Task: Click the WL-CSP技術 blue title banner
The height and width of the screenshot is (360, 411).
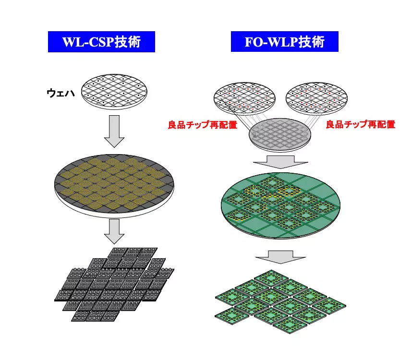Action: [x=101, y=42]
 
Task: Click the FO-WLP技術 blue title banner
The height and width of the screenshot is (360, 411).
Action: [x=284, y=41]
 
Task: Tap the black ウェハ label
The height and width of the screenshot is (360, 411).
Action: [x=61, y=93]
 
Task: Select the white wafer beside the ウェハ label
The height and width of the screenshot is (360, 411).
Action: [x=114, y=92]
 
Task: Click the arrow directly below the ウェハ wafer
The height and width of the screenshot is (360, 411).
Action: [x=114, y=131]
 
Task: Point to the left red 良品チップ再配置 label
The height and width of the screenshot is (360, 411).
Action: [x=203, y=124]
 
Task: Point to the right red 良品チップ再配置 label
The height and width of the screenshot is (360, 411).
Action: [x=361, y=124]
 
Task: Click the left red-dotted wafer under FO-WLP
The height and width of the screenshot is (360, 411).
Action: [x=244, y=98]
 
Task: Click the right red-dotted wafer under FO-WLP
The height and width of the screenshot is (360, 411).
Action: [x=316, y=98]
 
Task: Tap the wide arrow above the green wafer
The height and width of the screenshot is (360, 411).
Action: [x=280, y=162]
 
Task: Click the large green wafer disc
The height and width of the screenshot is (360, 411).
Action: [x=281, y=205]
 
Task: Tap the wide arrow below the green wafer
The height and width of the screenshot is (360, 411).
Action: [x=280, y=257]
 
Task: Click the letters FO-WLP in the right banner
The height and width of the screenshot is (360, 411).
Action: [x=271, y=42]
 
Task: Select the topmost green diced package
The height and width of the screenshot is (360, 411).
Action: [x=271, y=278]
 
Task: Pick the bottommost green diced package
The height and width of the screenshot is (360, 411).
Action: [x=290, y=325]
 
